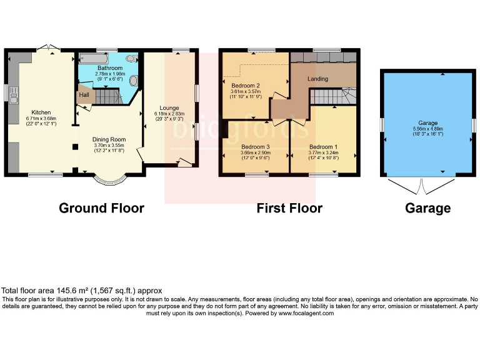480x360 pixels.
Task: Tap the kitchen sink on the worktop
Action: (13, 94)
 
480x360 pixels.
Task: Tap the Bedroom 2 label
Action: (245, 85)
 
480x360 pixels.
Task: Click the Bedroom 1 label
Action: (322, 147)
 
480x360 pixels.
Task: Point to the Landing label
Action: (318, 79)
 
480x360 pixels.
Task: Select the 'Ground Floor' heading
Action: (101, 208)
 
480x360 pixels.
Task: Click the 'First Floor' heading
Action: (289, 208)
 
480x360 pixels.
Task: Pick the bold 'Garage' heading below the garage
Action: (427, 208)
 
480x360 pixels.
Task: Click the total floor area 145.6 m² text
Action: (81, 291)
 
